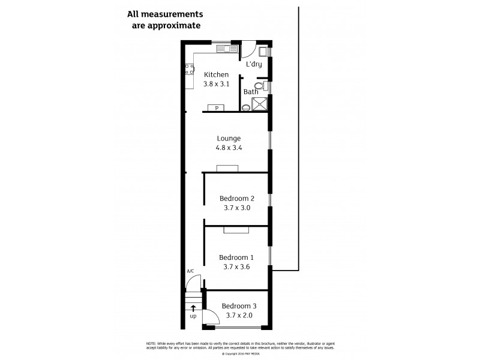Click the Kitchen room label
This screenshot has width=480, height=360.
tap(217, 75)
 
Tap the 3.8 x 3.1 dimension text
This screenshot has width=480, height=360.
tap(217, 85)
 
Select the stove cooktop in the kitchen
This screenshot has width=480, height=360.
tap(190, 70)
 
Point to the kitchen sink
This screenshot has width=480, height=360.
tap(225, 47)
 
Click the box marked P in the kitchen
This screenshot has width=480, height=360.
tap(217, 108)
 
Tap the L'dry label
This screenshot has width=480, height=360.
tap(254, 64)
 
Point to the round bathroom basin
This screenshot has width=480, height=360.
tap(247, 108)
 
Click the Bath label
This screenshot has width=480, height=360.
tap(250, 92)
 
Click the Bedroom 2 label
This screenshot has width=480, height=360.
tap(237, 199)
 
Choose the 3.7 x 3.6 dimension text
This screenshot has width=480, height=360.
tap(237, 268)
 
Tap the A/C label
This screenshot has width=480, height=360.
tap(190, 271)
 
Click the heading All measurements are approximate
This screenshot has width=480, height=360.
tap(164, 20)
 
